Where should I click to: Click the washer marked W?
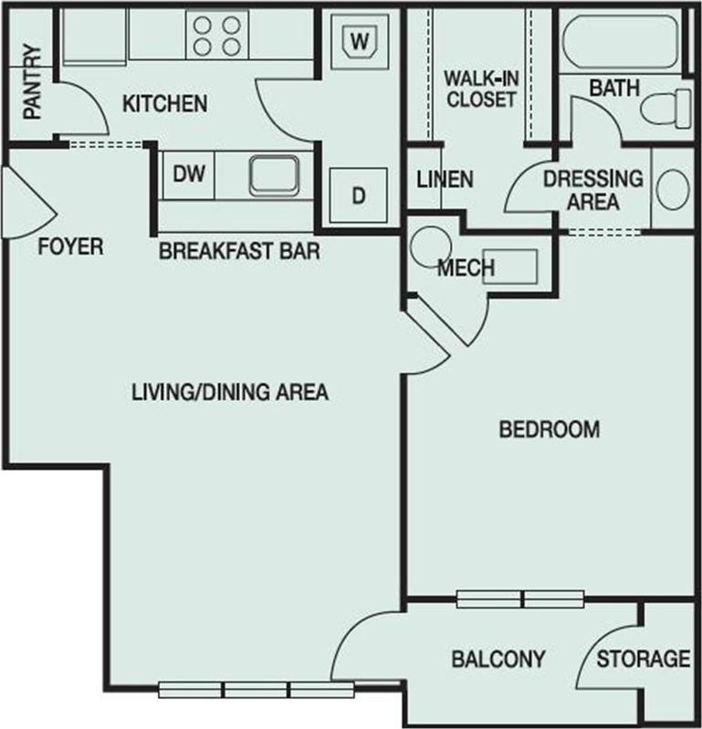tap(361, 41)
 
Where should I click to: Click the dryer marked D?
tap(358, 195)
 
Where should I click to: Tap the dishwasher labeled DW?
tap(188, 173)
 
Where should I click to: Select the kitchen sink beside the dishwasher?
tap(274, 174)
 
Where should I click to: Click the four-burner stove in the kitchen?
tap(217, 35)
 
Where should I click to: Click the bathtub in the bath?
tap(617, 42)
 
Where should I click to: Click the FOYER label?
tap(70, 247)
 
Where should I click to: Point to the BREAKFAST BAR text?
tap(239, 251)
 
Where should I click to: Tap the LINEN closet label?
tap(445, 179)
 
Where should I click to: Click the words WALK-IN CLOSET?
tap(480, 89)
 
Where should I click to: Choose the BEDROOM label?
tap(550, 428)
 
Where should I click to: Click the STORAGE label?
tap(643, 658)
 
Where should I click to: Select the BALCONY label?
tap(498, 658)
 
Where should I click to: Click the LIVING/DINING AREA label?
tap(229, 393)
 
